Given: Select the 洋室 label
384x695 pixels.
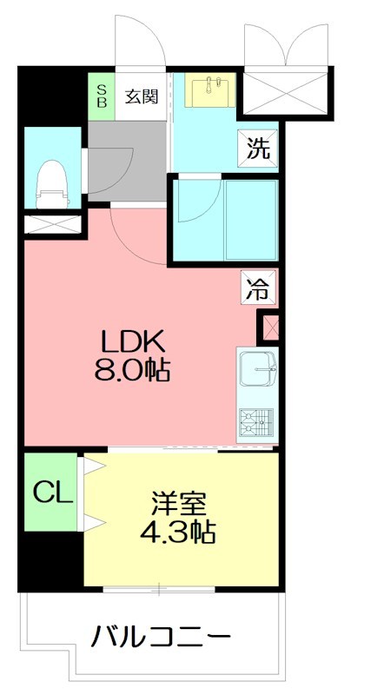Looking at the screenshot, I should pyautogui.click(x=180, y=503).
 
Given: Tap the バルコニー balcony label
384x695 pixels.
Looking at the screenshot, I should pyautogui.click(x=162, y=639).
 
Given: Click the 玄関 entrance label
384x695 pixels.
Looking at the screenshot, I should pyautogui.click(x=139, y=96).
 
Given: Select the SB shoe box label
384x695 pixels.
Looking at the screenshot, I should pyautogui.click(x=101, y=96).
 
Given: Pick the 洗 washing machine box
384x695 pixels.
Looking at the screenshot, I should pyautogui.click(x=259, y=148).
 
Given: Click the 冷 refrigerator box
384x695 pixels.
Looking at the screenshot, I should pyautogui.click(x=259, y=288).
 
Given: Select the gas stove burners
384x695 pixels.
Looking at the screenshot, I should pyautogui.click(x=255, y=423).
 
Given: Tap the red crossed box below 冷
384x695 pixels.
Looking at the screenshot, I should pyautogui.click(x=268, y=328).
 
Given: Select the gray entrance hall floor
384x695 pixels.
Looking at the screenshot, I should pyautogui.click(x=126, y=161).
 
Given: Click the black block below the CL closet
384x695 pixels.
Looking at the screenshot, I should pyautogui.click(x=50, y=561).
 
